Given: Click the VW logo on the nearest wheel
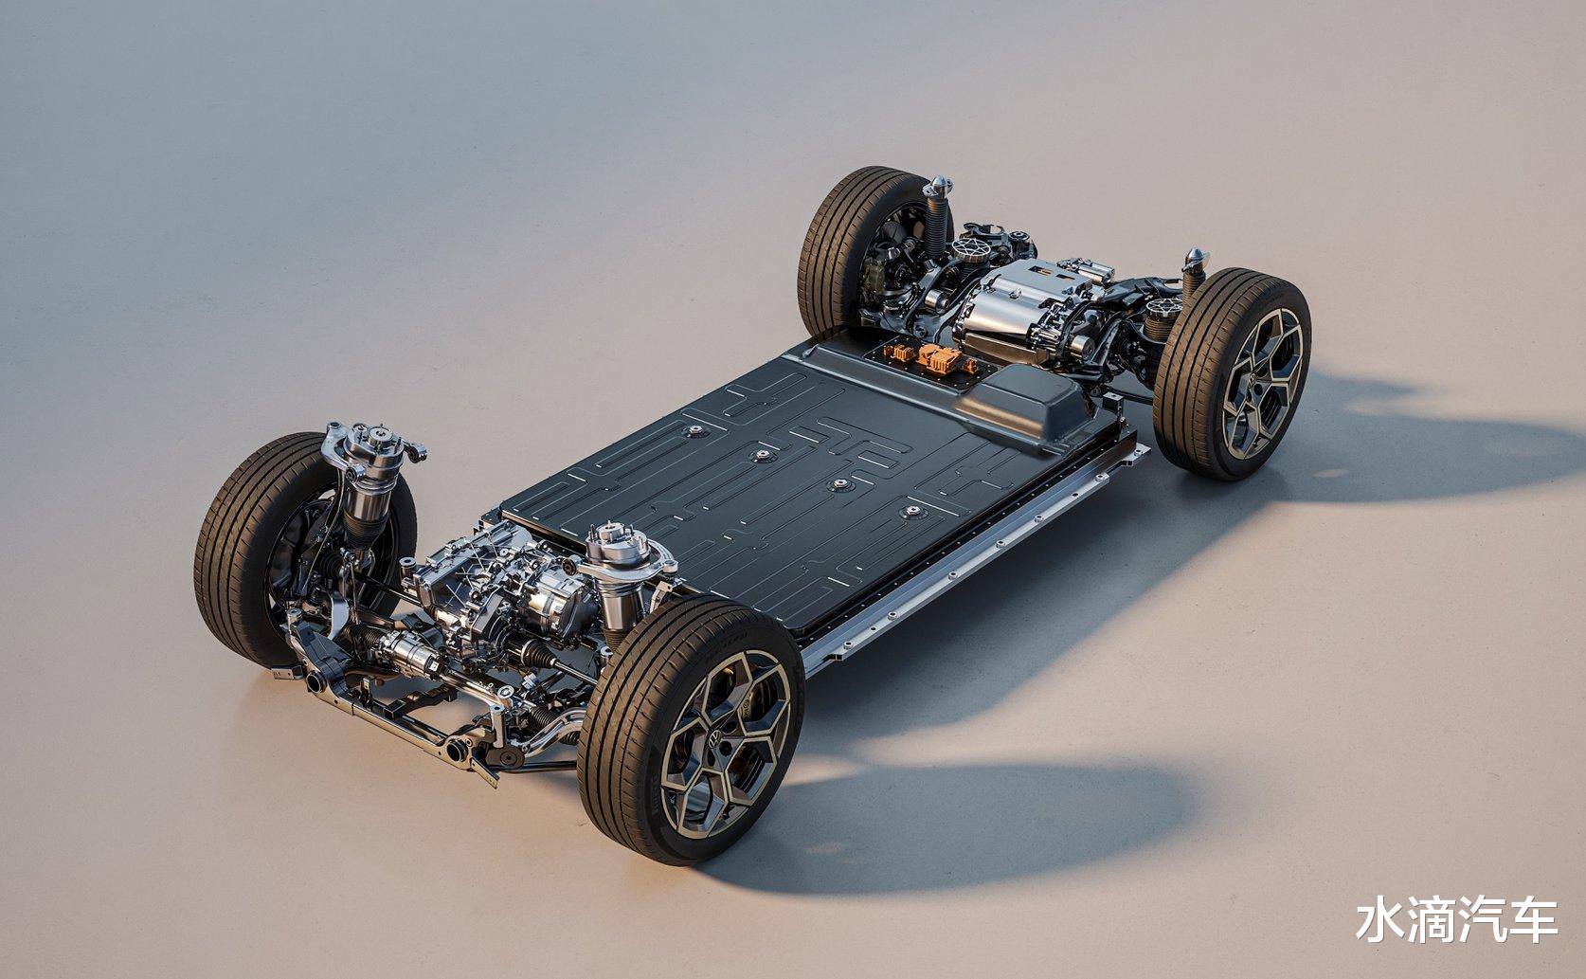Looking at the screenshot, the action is [715, 739].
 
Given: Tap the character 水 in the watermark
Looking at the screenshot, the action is [1380, 921].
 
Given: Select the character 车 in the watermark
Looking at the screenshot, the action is [1534, 921].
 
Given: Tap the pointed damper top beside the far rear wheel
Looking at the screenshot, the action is [937, 187].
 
